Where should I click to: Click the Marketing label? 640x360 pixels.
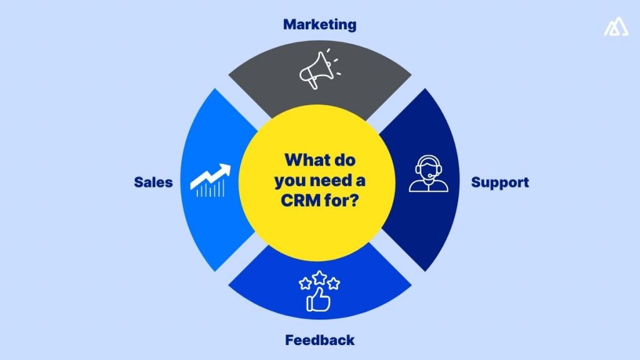pyautogui.click(x=319, y=24)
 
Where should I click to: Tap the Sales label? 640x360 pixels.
pyautogui.click(x=153, y=182)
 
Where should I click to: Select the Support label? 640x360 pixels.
pyautogui.click(x=500, y=182)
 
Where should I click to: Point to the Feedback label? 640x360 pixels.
pyautogui.click(x=319, y=341)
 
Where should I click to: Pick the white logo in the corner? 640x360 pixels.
pyautogui.click(x=616, y=27)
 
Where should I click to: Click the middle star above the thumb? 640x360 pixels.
pyautogui.click(x=319, y=277)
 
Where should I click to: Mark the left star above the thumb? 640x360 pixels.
pyautogui.click(x=306, y=284)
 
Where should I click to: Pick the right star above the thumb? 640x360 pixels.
pyautogui.click(x=333, y=284)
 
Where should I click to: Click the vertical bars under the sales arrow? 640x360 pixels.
pyautogui.click(x=209, y=190)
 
